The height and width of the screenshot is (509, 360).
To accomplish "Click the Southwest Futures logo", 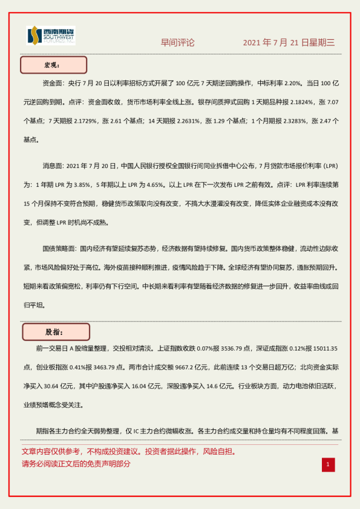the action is [51, 37].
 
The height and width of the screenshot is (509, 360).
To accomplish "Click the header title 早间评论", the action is [177, 43].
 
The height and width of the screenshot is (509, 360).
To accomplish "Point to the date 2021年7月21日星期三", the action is [289, 43].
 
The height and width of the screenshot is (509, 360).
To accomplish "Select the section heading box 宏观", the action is [54, 65].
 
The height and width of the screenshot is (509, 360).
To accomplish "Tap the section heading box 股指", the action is [56, 332].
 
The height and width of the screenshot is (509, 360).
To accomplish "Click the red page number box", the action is [327, 464].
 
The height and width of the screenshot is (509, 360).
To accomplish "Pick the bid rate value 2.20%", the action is [293, 82].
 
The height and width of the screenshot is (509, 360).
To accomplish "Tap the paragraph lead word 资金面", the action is [53, 82].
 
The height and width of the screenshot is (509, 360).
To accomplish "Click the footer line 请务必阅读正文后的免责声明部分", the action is [76, 464].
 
